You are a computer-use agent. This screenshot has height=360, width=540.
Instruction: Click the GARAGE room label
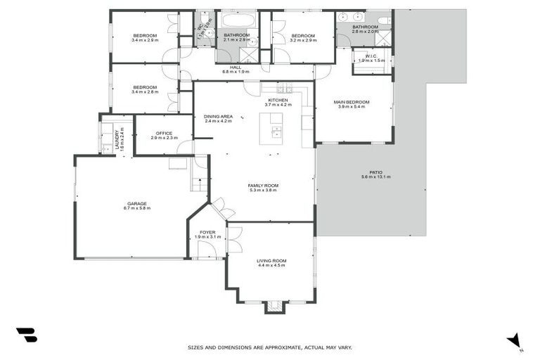[x=137, y=203]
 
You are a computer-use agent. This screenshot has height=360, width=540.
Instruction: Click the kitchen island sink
[x=276, y=131]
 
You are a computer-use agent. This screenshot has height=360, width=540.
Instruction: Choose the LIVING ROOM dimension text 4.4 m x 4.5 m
[x=272, y=266]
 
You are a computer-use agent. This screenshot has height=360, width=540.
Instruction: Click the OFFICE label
[x=164, y=133]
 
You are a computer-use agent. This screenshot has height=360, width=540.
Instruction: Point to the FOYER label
[x=207, y=232]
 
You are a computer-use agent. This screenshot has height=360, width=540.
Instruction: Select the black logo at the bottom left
[x=26, y=335]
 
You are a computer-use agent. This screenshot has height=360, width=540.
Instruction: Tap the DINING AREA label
[x=218, y=116]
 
